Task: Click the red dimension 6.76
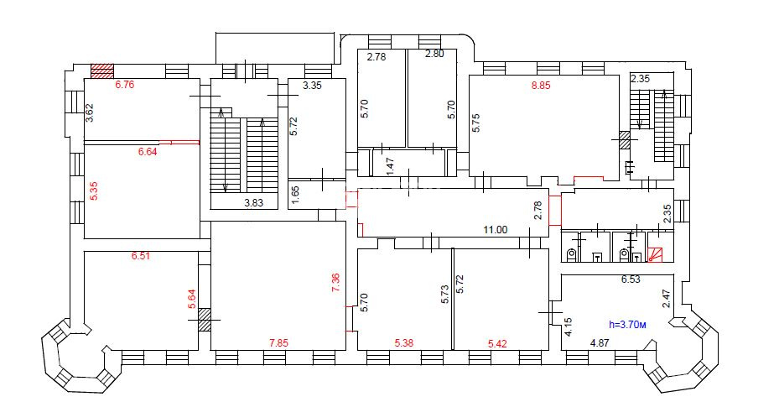pos(125,85)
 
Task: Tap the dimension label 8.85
pos(541,85)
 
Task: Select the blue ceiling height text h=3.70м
pos(627,325)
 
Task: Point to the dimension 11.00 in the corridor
pos(496,230)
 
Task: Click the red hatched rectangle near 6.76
pos(101,71)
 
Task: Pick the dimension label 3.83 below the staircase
pos(253,202)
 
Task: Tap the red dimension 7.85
pos(278,342)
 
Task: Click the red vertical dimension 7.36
pos(336,282)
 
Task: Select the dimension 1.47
pos(390,166)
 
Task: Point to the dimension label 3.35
pos(313,85)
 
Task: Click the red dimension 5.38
pos(404,342)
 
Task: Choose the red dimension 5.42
pos(498,343)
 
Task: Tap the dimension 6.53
pos(631,279)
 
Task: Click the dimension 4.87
pos(600,342)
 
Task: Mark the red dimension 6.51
pos(141,256)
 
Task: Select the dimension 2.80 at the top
pos(434,54)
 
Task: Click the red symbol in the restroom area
pos(654,255)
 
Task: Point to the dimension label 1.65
pos(295,195)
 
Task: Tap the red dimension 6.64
pos(148,152)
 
